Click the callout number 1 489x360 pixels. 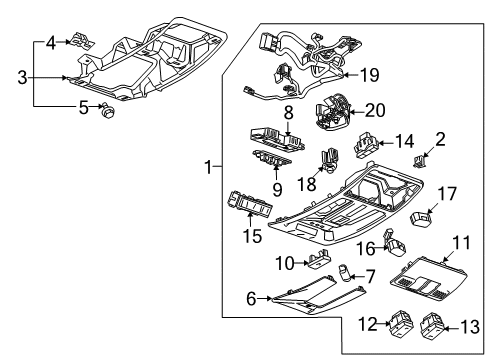208,168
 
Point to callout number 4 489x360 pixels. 51,42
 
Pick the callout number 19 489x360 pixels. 371,74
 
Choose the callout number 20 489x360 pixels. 374,111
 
